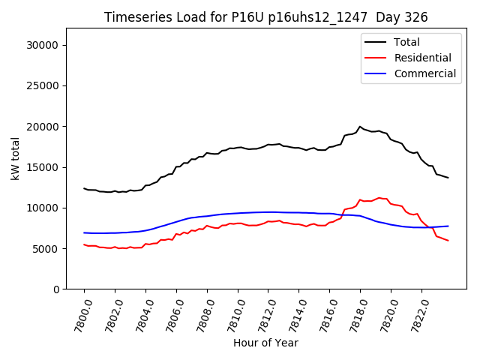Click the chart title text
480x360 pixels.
265,17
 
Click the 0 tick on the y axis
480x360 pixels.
57,289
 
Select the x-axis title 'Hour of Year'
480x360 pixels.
265,343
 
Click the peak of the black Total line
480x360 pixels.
360,127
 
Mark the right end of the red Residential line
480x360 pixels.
448,241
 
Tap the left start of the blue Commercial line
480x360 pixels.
84,232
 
